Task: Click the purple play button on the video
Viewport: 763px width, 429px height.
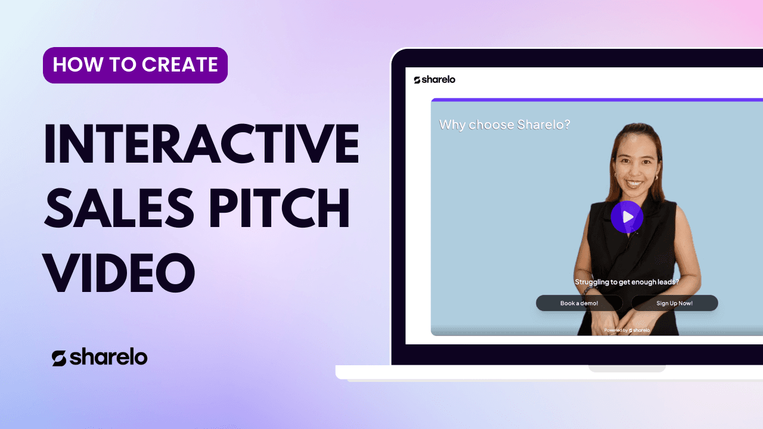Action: click(x=626, y=217)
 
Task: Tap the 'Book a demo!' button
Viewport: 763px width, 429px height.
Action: click(x=579, y=303)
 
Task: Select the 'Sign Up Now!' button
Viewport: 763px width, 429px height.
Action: click(x=674, y=303)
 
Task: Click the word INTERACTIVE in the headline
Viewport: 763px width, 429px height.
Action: click(x=201, y=144)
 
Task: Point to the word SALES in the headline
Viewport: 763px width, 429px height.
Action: click(x=119, y=208)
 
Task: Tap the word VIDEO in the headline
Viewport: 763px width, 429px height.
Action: click(x=119, y=272)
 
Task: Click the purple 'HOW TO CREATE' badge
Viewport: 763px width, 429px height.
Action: click(x=135, y=65)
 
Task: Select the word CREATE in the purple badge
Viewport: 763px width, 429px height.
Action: click(x=179, y=64)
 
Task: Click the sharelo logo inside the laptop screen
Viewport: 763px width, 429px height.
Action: click(x=435, y=80)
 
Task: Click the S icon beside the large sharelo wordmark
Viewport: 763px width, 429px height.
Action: click(x=59, y=359)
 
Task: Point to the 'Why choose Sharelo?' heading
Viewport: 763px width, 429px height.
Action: click(x=504, y=125)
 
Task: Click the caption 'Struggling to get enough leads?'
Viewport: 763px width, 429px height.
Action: click(x=626, y=282)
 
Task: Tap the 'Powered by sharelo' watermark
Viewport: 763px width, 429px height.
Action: click(x=626, y=330)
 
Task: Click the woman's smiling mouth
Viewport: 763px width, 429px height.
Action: click(x=634, y=184)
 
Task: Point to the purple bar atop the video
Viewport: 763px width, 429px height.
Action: click(x=597, y=100)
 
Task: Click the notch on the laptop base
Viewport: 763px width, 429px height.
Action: click(x=626, y=369)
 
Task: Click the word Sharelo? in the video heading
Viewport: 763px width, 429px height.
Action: click(x=544, y=125)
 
